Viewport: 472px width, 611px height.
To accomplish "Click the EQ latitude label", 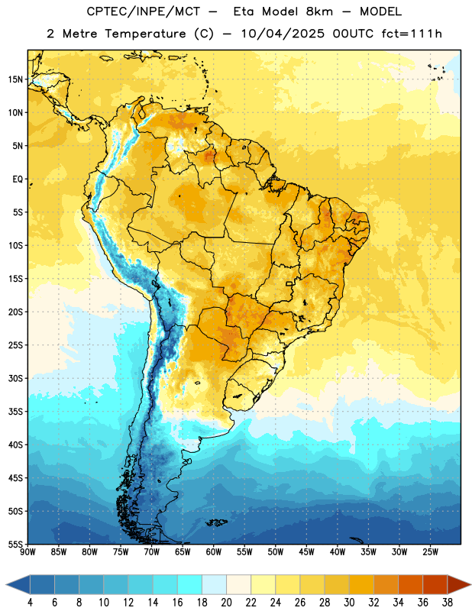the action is click(18, 179).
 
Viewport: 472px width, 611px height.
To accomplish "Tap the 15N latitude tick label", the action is click(15, 79).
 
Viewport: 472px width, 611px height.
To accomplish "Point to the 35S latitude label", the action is click(15, 412).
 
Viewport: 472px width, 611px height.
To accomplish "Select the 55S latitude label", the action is click(15, 544).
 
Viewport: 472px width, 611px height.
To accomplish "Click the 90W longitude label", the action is click(27, 552).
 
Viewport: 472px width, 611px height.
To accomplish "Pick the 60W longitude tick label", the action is click(214, 552).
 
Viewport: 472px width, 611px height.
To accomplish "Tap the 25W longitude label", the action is click(430, 552).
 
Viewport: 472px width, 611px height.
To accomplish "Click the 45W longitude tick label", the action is click(306, 552).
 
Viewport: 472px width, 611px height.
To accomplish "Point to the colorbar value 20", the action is click(226, 603).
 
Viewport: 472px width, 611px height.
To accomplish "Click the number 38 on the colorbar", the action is click(448, 603).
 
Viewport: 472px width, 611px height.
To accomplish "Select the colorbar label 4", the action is click(30, 603).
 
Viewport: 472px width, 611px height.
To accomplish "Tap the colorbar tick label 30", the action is click(349, 603).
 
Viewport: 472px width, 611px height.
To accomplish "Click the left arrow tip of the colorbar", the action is click(6, 584).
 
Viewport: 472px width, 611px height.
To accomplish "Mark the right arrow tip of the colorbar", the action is click(470, 584).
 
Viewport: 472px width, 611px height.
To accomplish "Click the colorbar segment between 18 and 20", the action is click(214, 584).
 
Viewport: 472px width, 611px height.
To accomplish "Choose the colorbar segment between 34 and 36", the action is click(410, 584).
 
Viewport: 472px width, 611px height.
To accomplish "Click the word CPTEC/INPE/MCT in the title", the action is click(143, 11).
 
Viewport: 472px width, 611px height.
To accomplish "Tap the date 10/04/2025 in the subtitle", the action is click(283, 34).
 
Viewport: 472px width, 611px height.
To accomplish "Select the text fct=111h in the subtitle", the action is click(412, 34).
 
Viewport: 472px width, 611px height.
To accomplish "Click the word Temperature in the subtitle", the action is click(145, 34).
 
